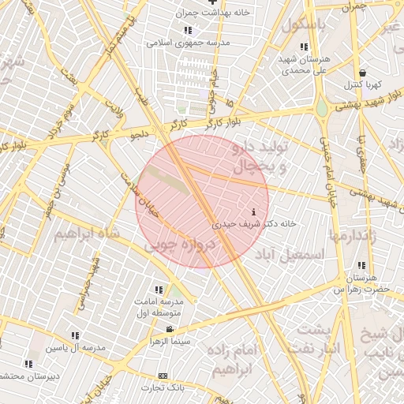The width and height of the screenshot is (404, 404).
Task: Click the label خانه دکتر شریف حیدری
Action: click(255, 224)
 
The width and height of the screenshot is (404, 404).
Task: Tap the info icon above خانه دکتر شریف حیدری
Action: click(252, 212)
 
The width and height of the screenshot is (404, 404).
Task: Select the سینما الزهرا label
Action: click(168, 341)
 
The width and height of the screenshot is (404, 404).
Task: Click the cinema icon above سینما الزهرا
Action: click(169, 329)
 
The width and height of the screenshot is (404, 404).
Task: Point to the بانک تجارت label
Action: click(163, 387)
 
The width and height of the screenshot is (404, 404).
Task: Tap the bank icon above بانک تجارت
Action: click(163, 376)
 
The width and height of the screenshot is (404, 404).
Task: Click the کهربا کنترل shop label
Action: click(362, 84)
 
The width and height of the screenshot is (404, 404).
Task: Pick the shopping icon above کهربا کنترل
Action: click(362, 73)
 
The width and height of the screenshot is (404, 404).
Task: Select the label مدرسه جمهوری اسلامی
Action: click(188, 43)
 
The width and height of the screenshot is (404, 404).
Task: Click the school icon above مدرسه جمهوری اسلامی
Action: click(188, 31)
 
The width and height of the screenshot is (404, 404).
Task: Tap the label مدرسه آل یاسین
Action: click(75, 348)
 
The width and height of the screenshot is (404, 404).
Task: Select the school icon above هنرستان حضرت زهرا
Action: click(361, 265)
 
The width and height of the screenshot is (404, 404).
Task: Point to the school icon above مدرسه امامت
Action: click(159, 290)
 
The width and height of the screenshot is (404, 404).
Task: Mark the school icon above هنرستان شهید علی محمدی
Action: click(304, 47)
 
